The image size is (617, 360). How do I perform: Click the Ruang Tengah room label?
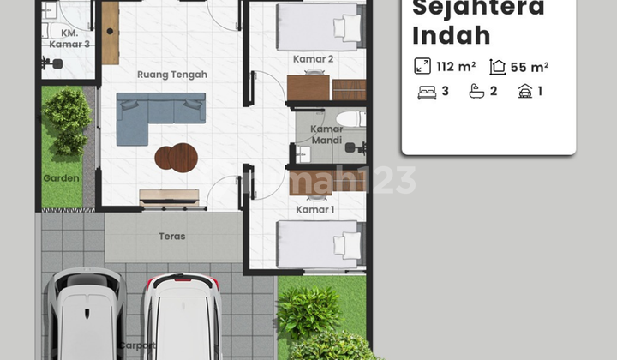coord(171,75)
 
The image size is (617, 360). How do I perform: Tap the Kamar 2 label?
coord(313,58)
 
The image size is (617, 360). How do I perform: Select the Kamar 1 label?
coord(314,209)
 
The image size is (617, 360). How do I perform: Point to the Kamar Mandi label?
coord(326,134)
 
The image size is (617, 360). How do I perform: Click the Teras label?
coord(172,237)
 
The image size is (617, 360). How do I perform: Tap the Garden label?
coord(61,178)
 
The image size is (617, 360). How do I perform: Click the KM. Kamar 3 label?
coord(65,39)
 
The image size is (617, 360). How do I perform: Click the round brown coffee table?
coord(176,157)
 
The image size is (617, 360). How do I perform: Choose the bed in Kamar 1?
coord(320,244)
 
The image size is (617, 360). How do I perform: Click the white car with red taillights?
coord(182,317)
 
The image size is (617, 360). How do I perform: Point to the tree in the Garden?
coord(66,120)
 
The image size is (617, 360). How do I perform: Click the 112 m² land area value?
coord(455,66)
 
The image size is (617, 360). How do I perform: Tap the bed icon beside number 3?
coord(426,91)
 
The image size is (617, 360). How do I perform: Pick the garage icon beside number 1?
coord(524,91)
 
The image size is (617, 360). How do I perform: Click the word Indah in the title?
coord(452,35)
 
